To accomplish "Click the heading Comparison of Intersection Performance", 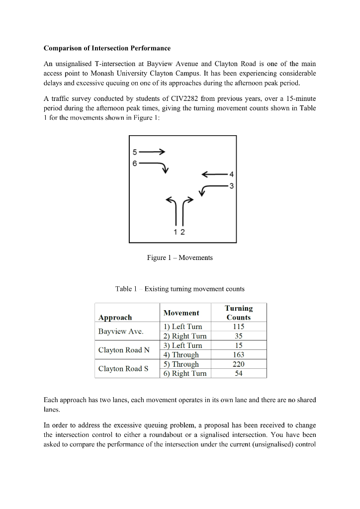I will (107, 48).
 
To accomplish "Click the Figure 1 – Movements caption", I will (180, 257).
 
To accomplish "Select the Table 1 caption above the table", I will (180, 289).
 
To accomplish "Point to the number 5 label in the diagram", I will (134, 152).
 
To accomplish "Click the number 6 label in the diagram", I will (134, 162).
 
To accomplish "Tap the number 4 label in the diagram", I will (231, 174).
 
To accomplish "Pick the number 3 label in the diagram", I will (231, 186).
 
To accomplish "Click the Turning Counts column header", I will (239, 313).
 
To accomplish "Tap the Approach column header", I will (115, 317).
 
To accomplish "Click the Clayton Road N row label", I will (124, 350).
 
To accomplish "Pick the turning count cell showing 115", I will (239, 327).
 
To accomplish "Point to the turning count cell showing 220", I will (239, 364).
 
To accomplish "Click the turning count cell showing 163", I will (239, 355).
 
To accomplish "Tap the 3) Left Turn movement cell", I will (183, 345).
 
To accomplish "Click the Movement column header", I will (181, 313).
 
